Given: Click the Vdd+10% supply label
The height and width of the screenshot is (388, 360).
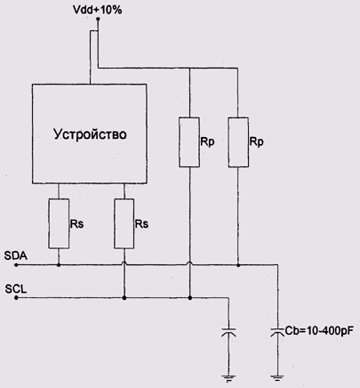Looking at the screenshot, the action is click(98, 10).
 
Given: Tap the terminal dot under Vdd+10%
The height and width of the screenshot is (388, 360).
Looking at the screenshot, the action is click(98, 19).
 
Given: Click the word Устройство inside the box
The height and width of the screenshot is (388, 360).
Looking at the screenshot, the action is click(90, 134).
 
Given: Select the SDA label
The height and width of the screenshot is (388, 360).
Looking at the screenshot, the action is click(16, 255).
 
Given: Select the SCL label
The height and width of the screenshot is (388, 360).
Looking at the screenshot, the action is click(16, 289).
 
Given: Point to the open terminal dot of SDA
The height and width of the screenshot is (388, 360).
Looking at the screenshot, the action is click(16, 265).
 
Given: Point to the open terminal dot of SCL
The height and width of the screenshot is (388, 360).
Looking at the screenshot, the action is click(16, 297).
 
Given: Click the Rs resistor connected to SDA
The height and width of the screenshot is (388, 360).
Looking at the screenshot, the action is click(59, 223).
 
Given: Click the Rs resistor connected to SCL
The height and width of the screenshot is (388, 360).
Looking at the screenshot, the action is click(124, 223).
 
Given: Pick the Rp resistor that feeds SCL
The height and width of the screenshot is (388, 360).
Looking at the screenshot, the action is click(189, 142).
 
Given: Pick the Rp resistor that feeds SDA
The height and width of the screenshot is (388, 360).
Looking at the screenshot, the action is click(238, 142).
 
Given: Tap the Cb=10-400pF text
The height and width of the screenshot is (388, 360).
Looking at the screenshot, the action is click(319, 331).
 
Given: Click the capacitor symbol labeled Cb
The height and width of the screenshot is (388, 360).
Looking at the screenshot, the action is click(277, 332).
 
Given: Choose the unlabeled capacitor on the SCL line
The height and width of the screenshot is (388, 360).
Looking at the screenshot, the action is click(228, 332).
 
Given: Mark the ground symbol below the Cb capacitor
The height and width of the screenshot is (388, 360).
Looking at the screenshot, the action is click(277, 378).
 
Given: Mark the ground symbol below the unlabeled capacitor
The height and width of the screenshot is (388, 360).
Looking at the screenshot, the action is click(228, 378).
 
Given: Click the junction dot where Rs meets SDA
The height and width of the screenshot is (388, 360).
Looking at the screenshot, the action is click(59, 265).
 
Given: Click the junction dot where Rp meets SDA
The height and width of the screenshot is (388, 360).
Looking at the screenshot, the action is click(238, 265).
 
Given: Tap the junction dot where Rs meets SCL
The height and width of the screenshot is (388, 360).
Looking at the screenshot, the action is click(124, 297).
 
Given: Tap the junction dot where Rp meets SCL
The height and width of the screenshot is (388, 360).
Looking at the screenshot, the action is click(190, 297).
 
